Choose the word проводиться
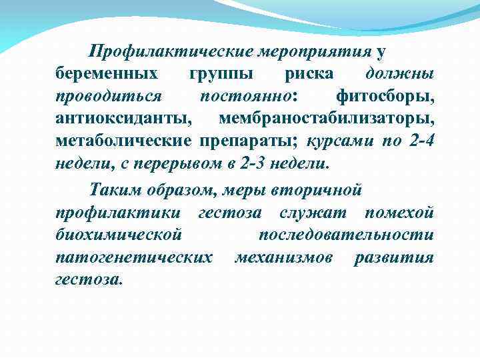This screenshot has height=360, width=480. [x=108, y=96]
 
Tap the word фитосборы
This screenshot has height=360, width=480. [x=385, y=96]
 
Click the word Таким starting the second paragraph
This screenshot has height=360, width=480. [x=113, y=190]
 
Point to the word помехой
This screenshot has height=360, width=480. [x=399, y=213]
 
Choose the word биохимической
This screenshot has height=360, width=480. [x=119, y=235]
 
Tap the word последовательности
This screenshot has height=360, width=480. [x=346, y=235]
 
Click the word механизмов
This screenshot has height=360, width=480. [x=284, y=258]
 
